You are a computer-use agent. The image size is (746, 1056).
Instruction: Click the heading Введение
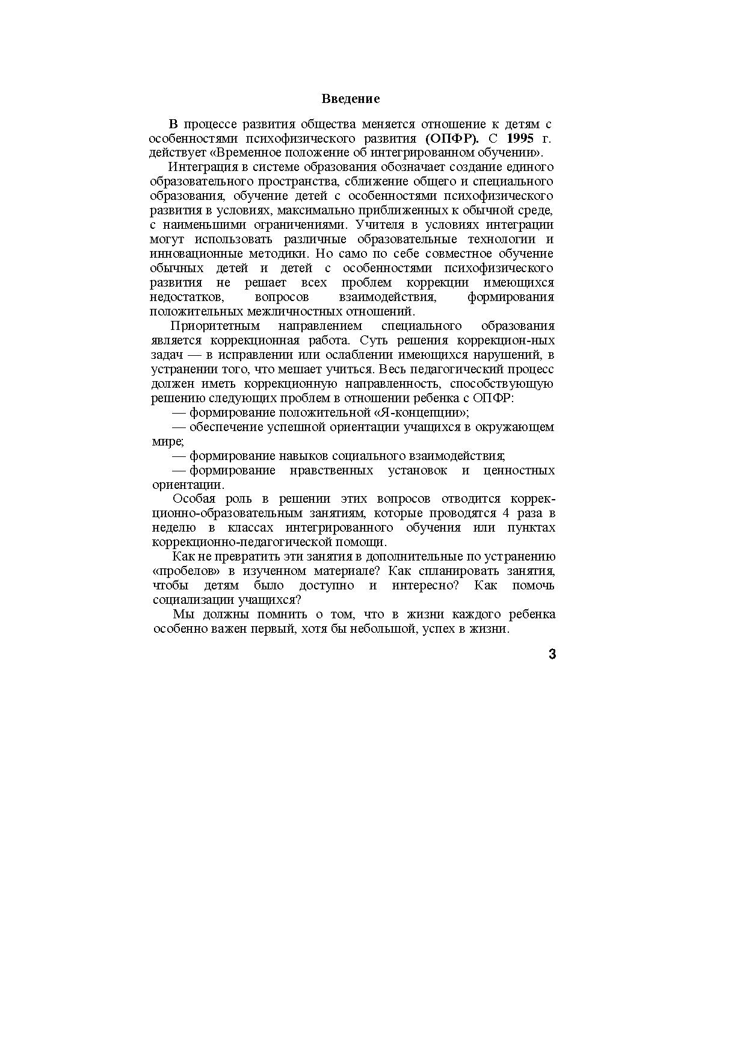click(x=350, y=99)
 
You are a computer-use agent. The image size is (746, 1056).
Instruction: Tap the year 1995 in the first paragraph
click(x=520, y=138)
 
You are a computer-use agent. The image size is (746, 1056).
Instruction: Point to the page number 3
click(x=552, y=654)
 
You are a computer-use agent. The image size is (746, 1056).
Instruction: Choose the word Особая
click(x=191, y=499)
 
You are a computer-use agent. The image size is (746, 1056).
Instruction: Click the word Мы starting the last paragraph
click(x=181, y=615)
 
